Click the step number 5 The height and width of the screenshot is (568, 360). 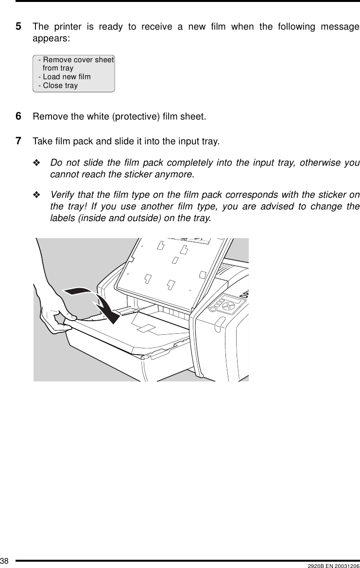(18, 26)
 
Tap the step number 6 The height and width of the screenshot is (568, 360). (18, 117)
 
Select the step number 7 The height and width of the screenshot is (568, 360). (18, 141)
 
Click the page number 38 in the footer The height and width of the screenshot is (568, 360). (4, 563)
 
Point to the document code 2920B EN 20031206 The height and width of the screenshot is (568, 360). (333, 564)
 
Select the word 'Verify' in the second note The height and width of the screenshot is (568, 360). (62, 195)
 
